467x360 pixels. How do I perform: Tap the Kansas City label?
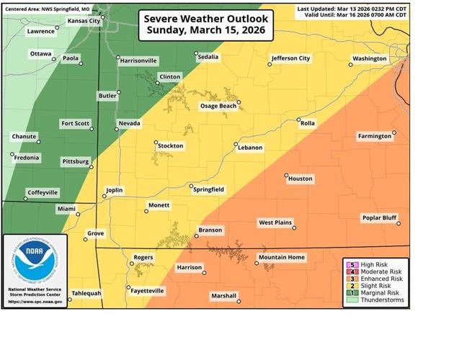click(84, 22)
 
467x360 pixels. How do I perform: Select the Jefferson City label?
click(290, 58)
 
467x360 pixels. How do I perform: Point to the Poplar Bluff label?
click(380, 217)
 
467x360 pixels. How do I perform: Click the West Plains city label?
click(275, 222)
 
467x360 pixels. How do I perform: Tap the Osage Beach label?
click(218, 106)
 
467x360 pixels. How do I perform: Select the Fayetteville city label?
click(146, 291)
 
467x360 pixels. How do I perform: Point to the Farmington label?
click(375, 135)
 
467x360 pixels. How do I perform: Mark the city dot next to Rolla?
click(298, 120)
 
